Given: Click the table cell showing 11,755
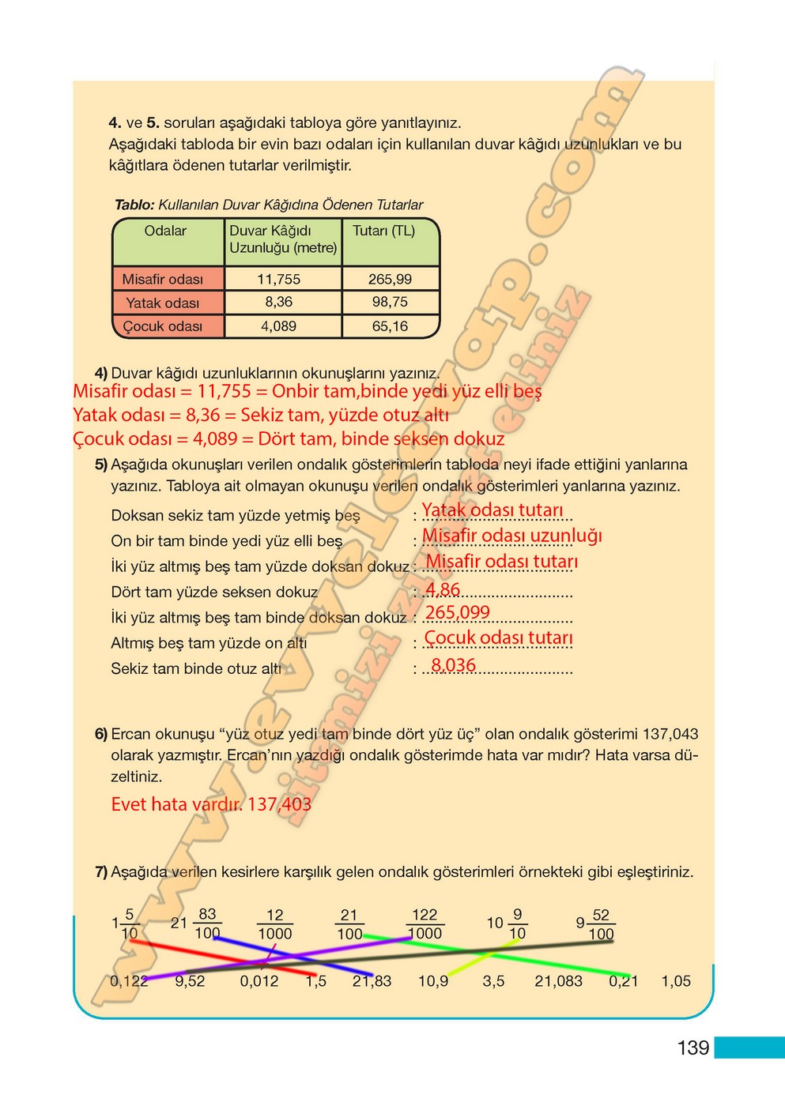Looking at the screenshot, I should (278, 279).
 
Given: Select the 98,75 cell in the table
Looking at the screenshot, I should (390, 302).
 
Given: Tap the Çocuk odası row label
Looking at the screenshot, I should (163, 326).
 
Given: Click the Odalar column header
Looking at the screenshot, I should (165, 231).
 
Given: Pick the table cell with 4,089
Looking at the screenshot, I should (278, 325).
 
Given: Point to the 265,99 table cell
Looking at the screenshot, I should (390, 279).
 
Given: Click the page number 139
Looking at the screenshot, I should (693, 1048).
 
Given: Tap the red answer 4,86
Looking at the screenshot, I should (443, 589).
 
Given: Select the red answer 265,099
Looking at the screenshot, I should (458, 612).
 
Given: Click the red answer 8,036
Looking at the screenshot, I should (454, 665).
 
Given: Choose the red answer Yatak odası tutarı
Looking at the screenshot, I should (493, 510).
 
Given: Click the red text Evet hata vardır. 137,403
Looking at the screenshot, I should (211, 804).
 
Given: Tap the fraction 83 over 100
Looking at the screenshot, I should (207, 924).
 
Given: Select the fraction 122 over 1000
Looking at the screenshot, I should (425, 924).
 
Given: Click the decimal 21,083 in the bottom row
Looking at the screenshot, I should (558, 981).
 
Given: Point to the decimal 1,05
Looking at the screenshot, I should (676, 981).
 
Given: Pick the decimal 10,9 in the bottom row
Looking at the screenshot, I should (433, 981).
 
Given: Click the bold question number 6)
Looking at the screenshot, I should (101, 734).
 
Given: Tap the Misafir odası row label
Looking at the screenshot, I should (163, 279).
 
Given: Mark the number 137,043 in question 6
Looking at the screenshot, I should (670, 734).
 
